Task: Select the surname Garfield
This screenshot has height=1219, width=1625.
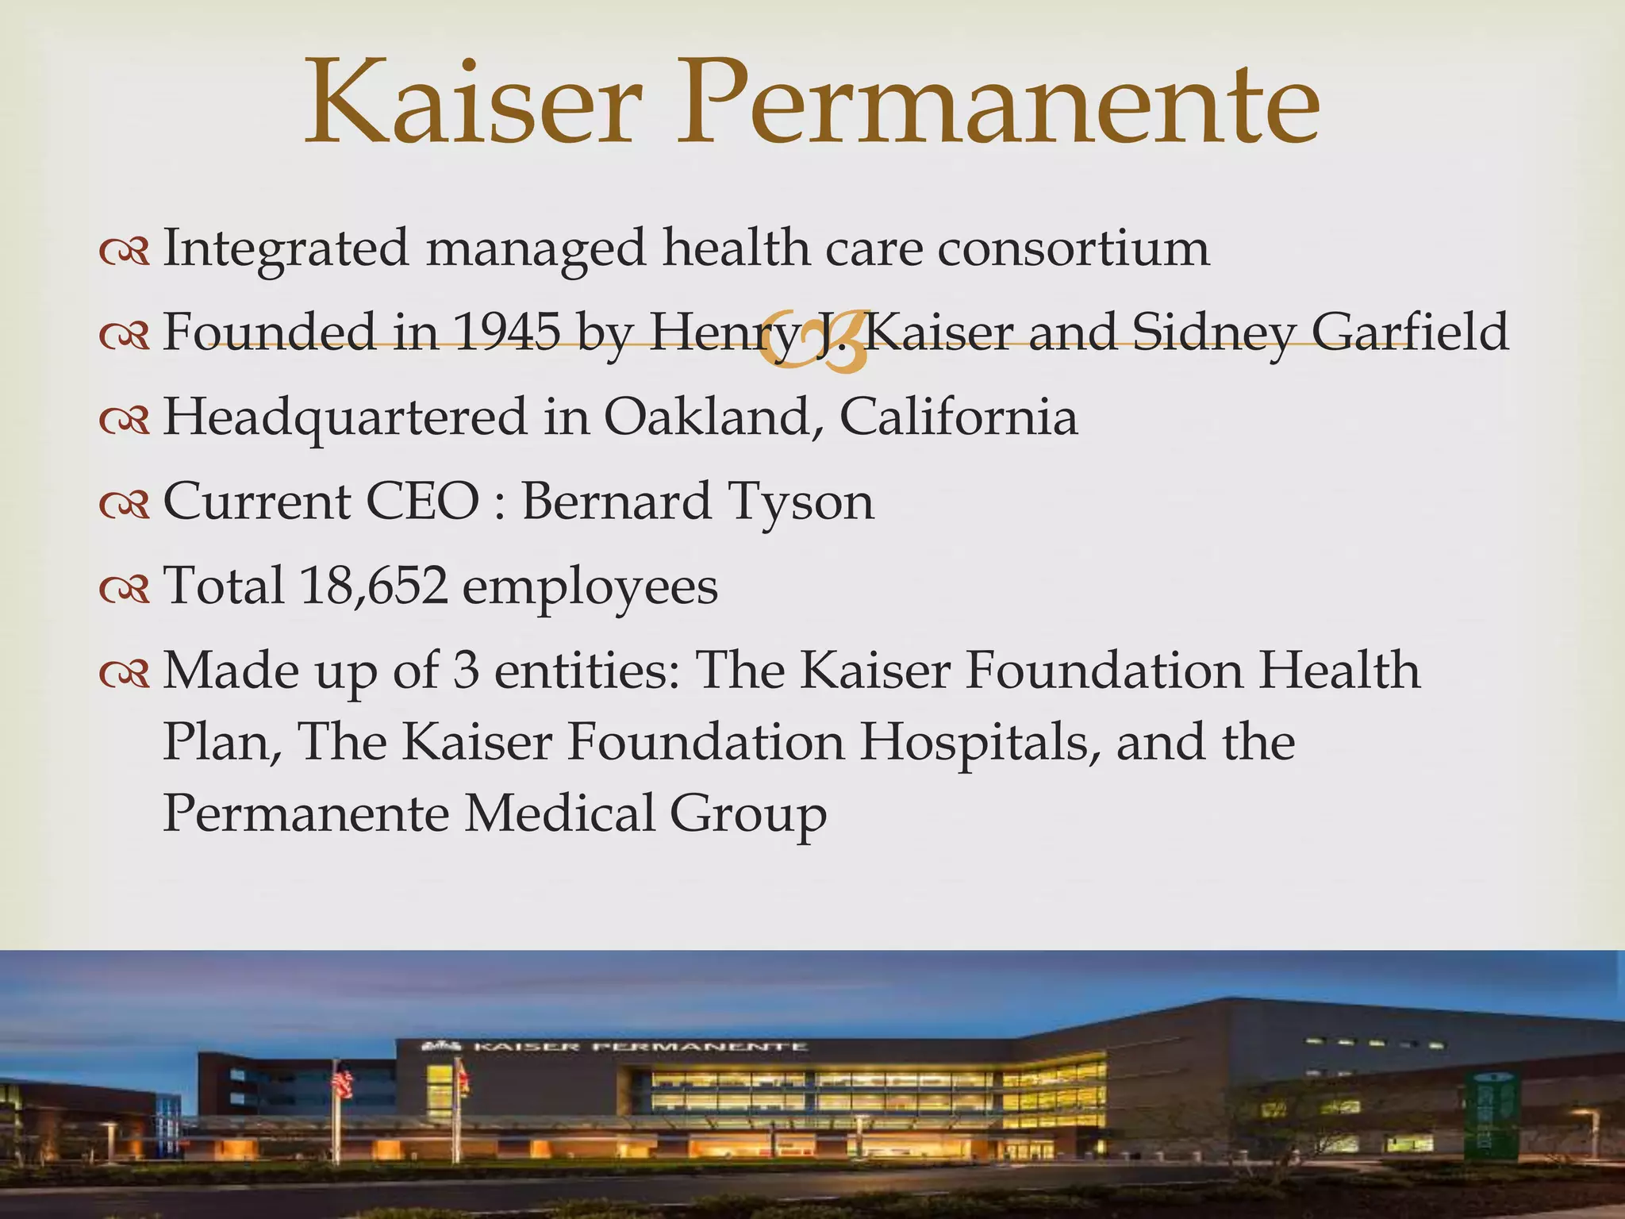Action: [1409, 332]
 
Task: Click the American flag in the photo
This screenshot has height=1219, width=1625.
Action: [343, 1081]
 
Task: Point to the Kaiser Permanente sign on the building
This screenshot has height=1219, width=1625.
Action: [615, 1047]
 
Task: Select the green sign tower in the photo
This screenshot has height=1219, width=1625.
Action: [1487, 1115]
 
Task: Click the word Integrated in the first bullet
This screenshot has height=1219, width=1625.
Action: [286, 248]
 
